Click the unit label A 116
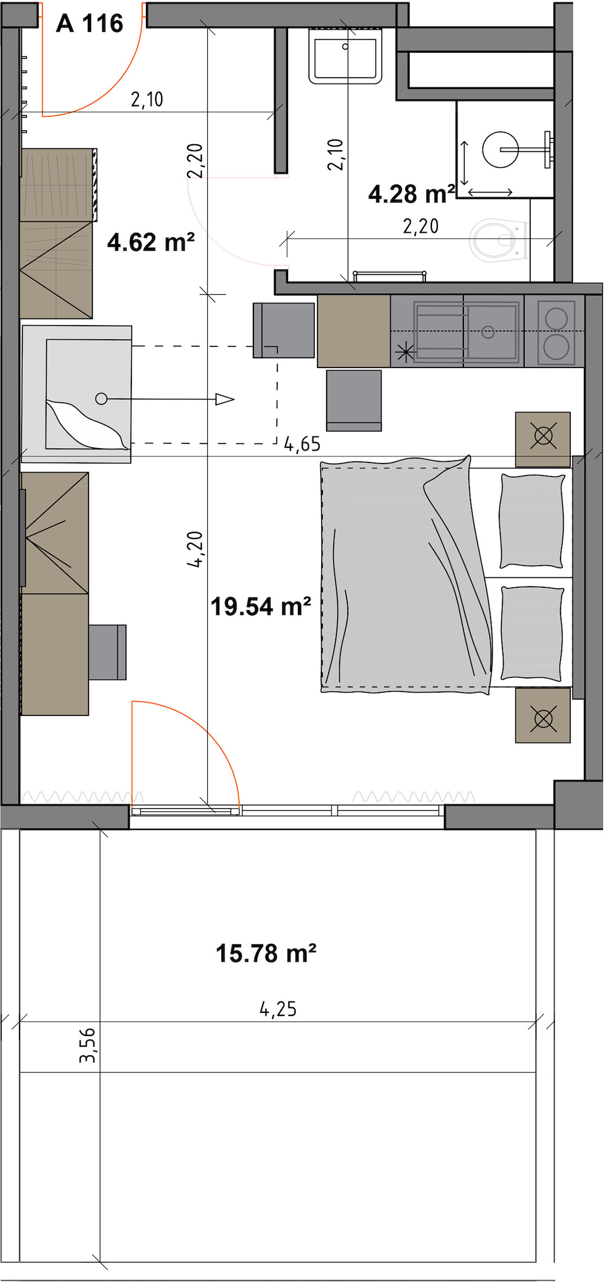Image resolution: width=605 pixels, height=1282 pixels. [90, 23]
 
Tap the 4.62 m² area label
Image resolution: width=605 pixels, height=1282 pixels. [151, 242]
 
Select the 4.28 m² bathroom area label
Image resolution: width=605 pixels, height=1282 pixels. [411, 194]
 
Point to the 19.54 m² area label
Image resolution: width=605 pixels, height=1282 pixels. [260, 606]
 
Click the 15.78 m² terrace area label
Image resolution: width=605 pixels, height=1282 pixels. [266, 953]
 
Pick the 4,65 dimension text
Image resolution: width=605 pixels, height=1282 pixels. [302, 445]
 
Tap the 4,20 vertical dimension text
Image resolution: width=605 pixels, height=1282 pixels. [195, 549]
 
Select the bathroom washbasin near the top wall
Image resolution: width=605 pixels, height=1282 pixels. [346, 55]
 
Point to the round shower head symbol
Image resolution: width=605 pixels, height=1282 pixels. [500, 149]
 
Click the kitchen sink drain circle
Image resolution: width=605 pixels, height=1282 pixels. [488, 332]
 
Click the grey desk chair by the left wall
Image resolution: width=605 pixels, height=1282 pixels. [107, 652]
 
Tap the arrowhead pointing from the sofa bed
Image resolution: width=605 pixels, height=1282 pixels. [225, 399]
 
